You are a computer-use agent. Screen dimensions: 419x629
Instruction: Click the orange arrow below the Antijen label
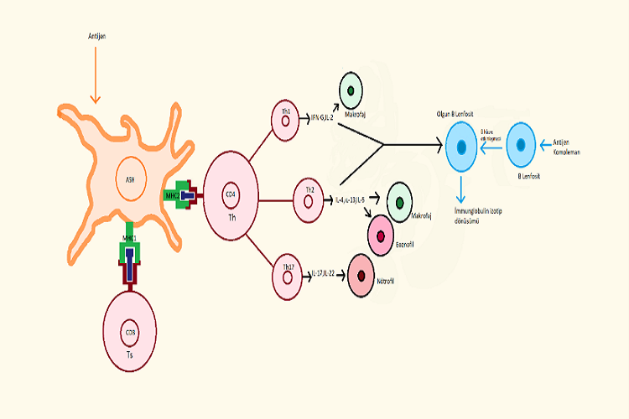pyautogui.click(x=94, y=75)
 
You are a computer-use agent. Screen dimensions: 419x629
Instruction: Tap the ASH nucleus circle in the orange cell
pyautogui.click(x=130, y=179)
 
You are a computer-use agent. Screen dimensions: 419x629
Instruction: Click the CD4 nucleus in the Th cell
pyautogui.click(x=230, y=195)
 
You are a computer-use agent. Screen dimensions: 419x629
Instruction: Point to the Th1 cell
pyautogui.click(x=286, y=121)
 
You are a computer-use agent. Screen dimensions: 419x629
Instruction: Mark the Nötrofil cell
pyautogui.click(x=360, y=274)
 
